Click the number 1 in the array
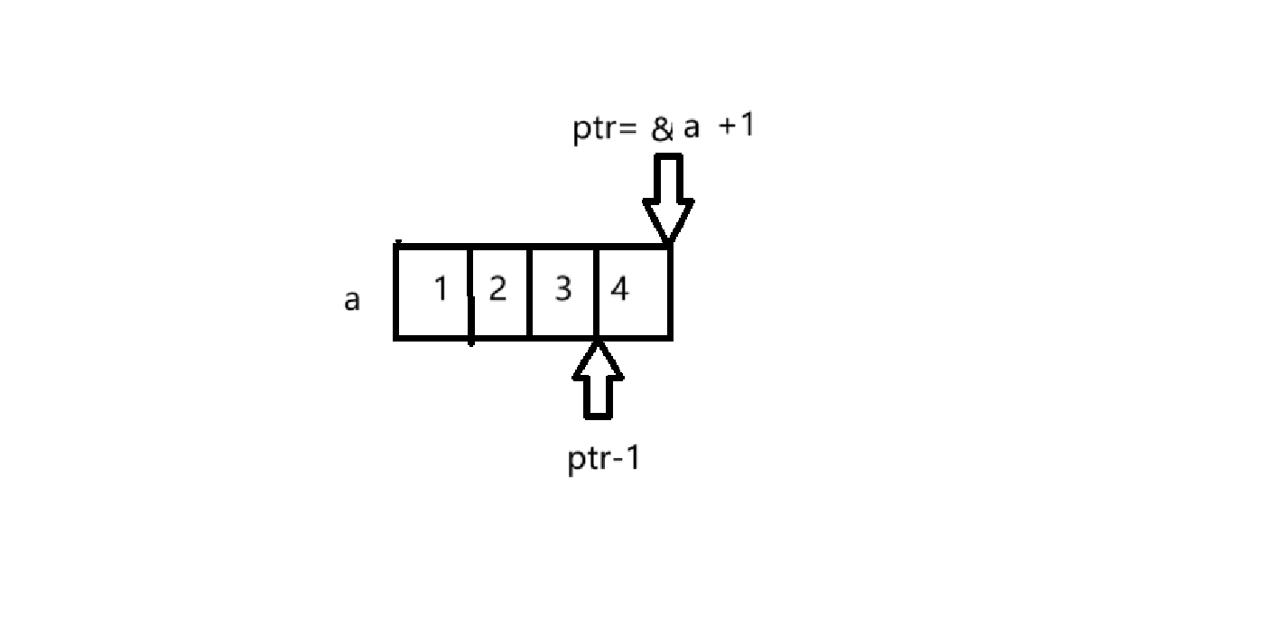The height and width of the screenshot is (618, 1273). click(441, 290)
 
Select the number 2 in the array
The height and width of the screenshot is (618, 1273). click(497, 290)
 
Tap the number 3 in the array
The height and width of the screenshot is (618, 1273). click(562, 290)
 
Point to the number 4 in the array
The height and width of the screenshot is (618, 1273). click(619, 290)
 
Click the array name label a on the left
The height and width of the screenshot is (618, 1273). click(352, 300)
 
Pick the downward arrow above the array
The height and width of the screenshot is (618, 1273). click(668, 198)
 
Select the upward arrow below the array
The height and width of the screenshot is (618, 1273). click(598, 379)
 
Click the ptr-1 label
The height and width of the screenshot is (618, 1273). click(604, 459)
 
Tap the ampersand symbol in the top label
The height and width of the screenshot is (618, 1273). click(662, 129)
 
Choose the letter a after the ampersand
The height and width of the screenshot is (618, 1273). click(691, 128)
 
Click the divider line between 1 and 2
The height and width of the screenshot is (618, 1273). click(470, 293)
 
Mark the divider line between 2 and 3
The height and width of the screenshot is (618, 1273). click(529, 292)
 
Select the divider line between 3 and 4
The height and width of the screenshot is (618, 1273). click(597, 292)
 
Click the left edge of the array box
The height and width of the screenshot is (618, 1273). click(395, 292)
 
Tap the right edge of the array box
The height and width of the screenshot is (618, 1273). click(670, 292)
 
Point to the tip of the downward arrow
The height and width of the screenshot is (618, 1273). click(668, 240)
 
